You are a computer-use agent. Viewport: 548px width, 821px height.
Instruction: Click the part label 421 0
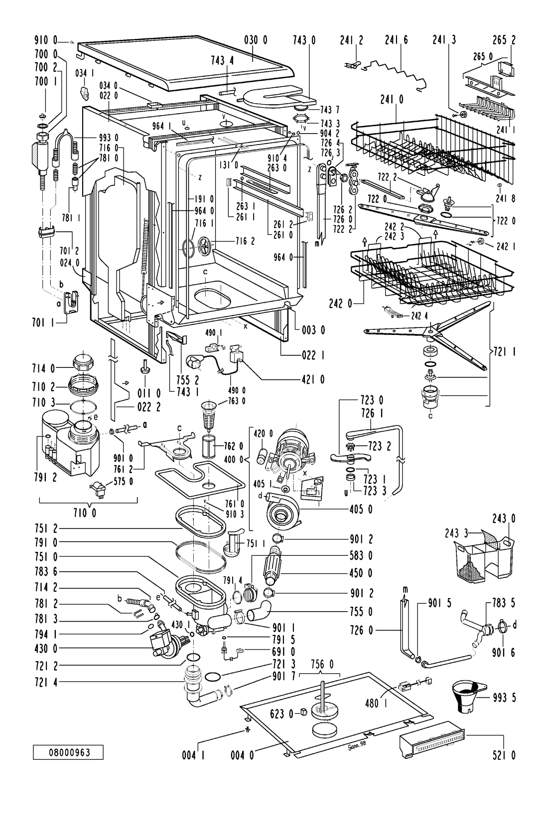coord(312,380)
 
